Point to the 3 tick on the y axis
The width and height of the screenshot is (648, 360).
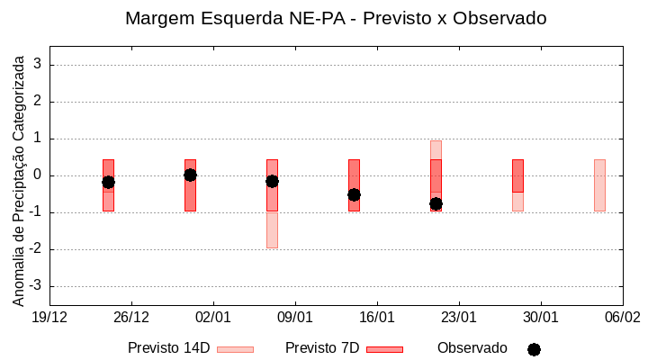tap(39, 65)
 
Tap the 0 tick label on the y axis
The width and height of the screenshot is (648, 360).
tap(39, 175)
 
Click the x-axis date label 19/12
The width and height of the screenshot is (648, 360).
tap(49, 317)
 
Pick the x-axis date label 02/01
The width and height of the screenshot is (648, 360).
tap(213, 317)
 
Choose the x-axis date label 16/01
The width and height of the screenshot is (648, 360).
tap(377, 317)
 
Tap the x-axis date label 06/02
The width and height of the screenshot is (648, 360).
tap(622, 317)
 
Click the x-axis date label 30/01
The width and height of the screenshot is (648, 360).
tap(541, 317)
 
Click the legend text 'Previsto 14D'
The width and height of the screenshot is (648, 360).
tap(168, 348)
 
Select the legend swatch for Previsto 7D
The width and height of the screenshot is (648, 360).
tap(384, 349)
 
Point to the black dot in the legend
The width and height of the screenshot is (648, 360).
tap(534, 349)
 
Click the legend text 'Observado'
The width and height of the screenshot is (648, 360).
tap(472, 348)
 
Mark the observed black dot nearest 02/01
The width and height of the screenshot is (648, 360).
tap(190, 175)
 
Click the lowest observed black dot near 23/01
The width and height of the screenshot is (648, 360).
tap(436, 203)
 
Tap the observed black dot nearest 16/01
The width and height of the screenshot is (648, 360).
tap(354, 194)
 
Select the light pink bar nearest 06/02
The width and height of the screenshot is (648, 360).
tap(599, 185)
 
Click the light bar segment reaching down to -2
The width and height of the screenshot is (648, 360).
tap(272, 229)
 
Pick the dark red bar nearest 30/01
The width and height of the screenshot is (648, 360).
tap(517, 175)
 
